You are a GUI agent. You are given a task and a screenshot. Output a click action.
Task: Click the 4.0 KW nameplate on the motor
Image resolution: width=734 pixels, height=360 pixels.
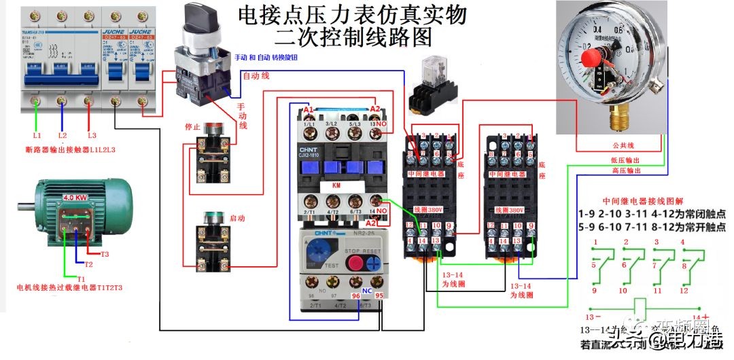tap(76, 198)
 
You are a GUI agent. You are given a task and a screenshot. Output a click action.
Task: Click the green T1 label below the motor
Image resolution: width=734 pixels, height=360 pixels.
tap(81, 278)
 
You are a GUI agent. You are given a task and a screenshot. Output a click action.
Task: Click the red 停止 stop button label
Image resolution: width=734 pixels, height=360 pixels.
tap(192, 126)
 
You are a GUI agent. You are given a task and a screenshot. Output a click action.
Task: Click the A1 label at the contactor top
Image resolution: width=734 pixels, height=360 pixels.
tap(309, 110)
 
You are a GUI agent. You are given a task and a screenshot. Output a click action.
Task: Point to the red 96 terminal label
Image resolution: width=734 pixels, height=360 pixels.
tap(355, 295)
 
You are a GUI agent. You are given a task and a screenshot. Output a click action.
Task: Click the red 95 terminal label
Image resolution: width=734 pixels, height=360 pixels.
tap(380, 295)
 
